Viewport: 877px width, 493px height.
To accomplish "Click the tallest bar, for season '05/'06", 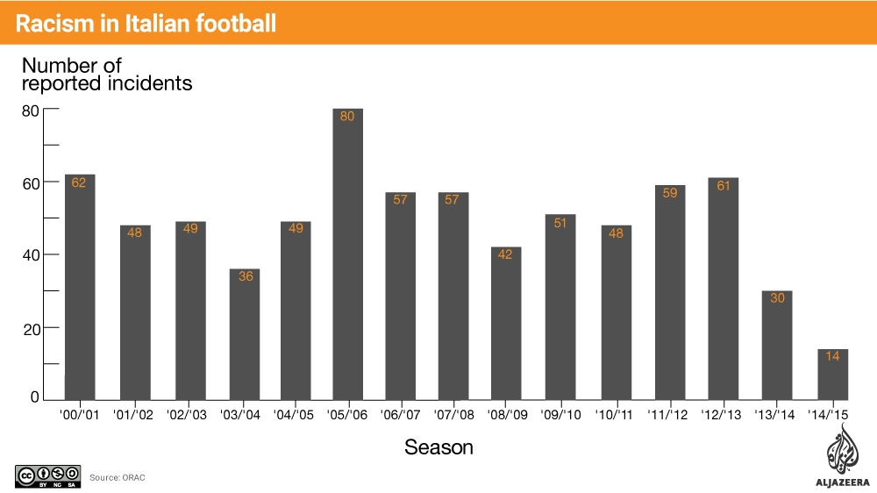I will click(x=347, y=254).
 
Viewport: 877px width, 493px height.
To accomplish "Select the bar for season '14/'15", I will click(x=832, y=375).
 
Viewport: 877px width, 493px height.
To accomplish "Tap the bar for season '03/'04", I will click(x=245, y=334).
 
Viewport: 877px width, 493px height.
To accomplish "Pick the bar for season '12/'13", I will click(x=724, y=289).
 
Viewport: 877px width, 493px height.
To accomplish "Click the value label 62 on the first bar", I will click(x=78, y=183).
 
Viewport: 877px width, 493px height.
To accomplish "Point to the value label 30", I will click(x=776, y=298).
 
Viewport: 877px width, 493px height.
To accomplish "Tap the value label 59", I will click(x=670, y=193).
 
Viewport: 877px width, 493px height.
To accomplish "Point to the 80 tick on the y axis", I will click(x=31, y=111).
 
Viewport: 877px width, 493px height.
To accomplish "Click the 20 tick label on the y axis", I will click(x=31, y=328).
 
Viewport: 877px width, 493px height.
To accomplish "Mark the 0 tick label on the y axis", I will click(x=35, y=397).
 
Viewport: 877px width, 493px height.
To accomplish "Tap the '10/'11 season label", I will click(x=615, y=415).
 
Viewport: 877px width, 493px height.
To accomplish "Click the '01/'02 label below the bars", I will click(x=132, y=415).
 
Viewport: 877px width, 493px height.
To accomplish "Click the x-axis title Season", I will click(x=438, y=447).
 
